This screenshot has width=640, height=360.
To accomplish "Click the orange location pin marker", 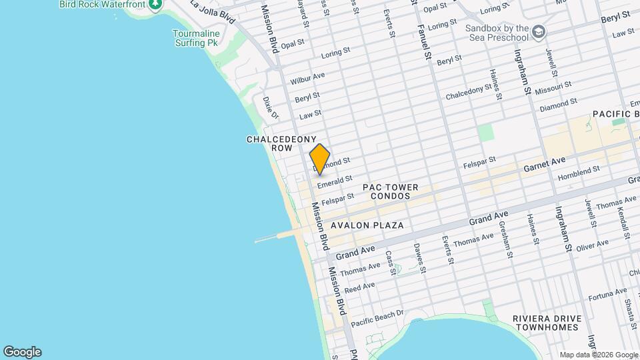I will (320, 159).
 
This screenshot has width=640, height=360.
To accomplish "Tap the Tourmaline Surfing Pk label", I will (195, 38).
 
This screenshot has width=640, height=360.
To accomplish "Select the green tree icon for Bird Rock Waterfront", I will (155, 5).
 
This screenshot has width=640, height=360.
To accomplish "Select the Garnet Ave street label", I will (545, 161).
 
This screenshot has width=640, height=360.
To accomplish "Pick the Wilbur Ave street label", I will (307, 79).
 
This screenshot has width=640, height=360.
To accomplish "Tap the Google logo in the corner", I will (22, 352).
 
